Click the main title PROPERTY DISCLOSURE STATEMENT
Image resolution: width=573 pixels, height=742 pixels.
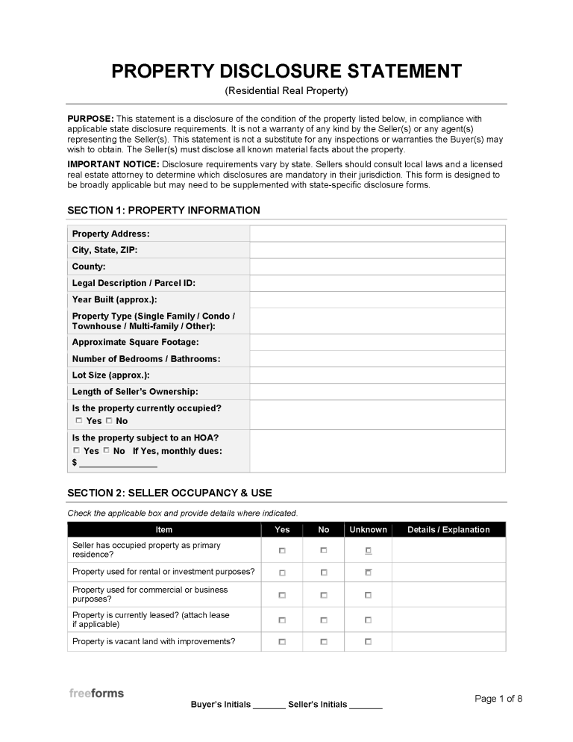tap(286, 72)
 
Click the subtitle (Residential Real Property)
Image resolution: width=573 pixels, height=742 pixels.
tap(286, 91)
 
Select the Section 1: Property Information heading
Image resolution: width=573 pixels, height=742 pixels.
tap(163, 211)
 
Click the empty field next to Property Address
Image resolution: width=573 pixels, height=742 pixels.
tap(377, 234)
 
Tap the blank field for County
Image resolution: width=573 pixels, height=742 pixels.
tap(377, 266)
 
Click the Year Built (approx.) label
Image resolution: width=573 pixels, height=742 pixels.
tap(114, 299)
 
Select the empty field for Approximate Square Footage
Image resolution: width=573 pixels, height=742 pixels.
tap(377, 342)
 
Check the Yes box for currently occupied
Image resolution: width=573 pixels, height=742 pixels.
tap(79, 420)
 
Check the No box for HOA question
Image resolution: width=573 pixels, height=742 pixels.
tap(106, 450)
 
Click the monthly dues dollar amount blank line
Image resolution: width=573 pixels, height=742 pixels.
tap(118, 463)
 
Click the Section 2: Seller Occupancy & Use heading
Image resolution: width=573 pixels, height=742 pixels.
tap(169, 493)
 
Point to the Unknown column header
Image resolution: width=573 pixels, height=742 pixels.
tap(368, 529)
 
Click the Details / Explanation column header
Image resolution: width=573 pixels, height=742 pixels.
tap(448, 529)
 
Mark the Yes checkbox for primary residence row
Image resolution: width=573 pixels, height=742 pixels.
tap(282, 550)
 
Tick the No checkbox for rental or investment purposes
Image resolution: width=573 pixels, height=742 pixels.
tap(324, 573)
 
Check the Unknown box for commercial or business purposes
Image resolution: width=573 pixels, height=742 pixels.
tap(368, 595)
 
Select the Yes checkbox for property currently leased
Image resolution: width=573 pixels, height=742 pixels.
tap(282, 620)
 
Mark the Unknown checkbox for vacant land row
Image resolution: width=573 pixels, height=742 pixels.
tap(368, 641)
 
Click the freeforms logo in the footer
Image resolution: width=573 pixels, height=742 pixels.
tap(96, 693)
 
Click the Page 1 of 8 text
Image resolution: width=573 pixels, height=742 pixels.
tap(498, 699)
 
